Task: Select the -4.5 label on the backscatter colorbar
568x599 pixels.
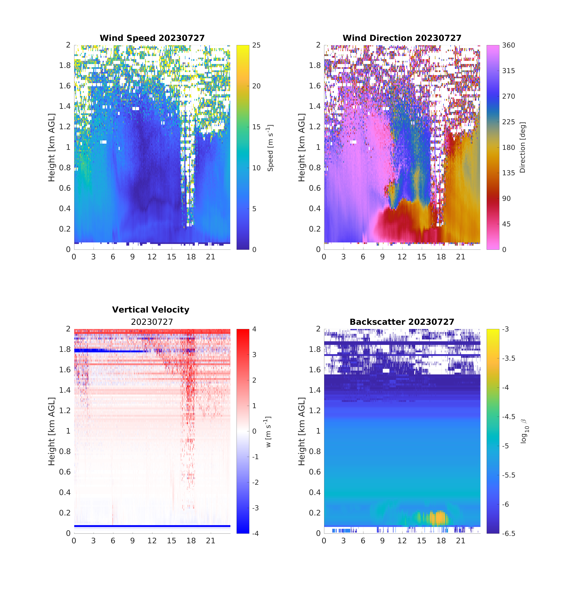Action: pyautogui.click(x=509, y=417)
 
